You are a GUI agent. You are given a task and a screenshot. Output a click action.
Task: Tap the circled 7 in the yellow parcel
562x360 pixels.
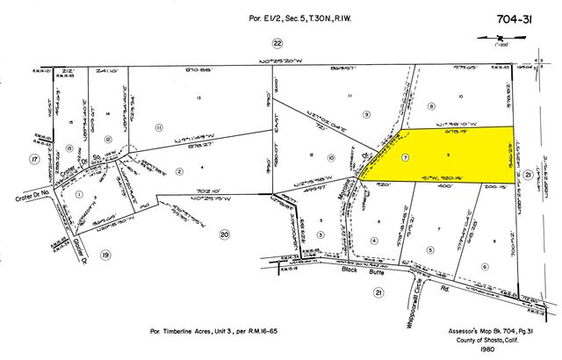[405, 158]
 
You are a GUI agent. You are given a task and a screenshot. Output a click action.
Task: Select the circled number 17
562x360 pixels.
[32, 159]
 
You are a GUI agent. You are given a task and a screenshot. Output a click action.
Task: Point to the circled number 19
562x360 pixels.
[107, 255]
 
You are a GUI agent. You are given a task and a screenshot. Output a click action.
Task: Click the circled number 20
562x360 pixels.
[224, 234]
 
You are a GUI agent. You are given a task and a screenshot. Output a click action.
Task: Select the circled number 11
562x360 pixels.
[159, 128]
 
